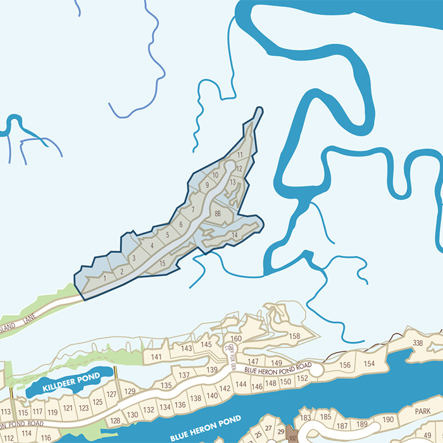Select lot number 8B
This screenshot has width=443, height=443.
218,213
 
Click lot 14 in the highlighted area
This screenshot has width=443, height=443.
234,235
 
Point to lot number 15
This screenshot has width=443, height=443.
163,263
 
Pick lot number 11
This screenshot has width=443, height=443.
240,154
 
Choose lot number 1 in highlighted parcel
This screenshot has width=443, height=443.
104,277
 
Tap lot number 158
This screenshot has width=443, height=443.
294,336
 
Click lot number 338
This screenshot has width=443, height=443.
418,343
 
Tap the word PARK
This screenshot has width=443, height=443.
423,411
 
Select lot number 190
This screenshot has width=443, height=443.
388,420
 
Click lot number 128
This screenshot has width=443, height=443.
115,420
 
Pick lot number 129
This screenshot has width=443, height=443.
130,391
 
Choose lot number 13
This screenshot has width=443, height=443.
233,182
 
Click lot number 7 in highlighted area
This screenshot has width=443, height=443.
192,209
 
